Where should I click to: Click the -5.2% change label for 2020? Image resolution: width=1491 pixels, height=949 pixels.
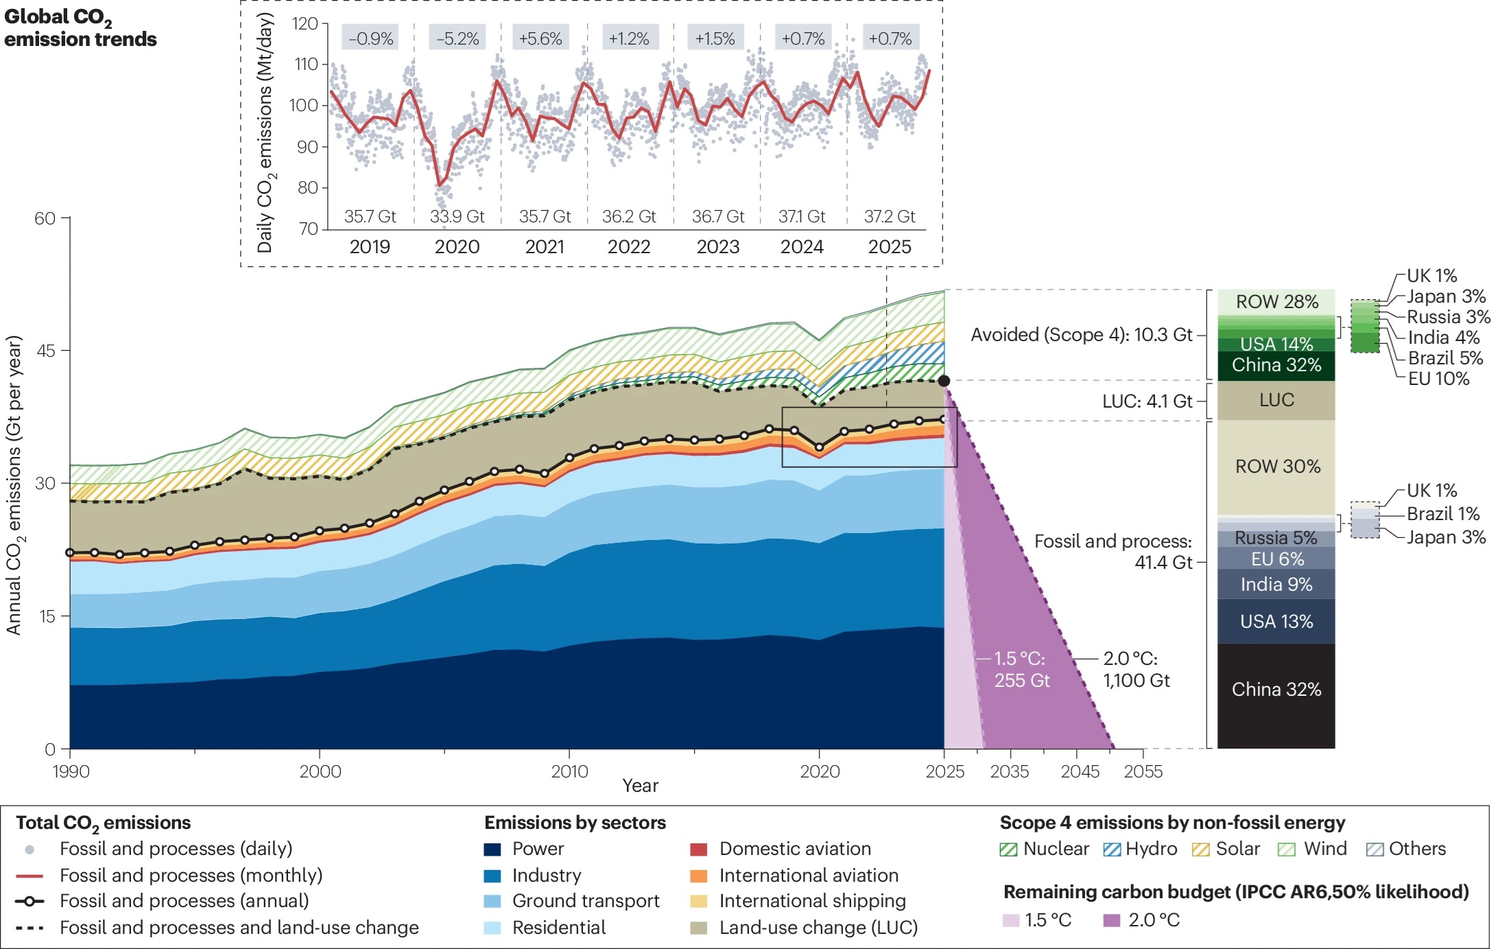457,38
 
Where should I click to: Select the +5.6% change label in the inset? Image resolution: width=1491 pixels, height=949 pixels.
540,38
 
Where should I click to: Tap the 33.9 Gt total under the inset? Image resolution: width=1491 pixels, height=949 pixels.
457,216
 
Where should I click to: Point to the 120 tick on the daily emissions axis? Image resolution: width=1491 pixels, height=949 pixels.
305,23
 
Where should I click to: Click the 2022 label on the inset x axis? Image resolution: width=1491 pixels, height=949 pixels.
628,246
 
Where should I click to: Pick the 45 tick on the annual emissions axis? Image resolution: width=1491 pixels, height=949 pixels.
45,351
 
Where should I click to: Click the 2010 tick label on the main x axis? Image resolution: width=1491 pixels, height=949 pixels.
569,771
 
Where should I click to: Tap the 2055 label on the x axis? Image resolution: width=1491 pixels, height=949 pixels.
1143,771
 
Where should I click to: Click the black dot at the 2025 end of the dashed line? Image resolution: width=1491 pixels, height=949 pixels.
944,381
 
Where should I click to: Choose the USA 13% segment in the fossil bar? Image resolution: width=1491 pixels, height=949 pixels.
1276,622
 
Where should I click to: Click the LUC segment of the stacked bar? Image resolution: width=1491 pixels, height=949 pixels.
1276,401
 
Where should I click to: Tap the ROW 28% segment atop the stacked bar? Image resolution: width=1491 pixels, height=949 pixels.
1276,302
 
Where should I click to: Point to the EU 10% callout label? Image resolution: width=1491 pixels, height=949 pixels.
1438,378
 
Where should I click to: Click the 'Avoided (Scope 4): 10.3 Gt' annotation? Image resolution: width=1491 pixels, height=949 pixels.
1082,335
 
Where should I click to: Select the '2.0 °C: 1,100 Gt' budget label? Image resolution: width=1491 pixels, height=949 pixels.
1136,670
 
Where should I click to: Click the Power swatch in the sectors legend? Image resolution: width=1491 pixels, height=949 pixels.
492,850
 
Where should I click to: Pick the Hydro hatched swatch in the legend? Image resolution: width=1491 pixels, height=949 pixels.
1112,850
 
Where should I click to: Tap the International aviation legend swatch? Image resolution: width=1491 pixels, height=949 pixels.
698,876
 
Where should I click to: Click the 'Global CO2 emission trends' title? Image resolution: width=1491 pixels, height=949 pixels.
80,29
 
